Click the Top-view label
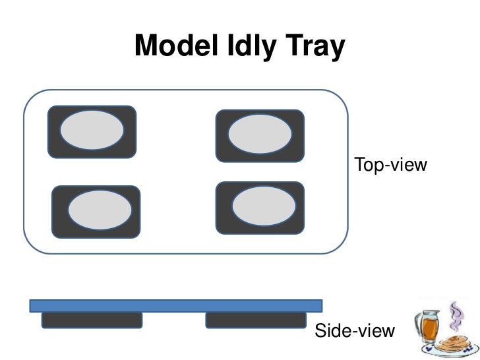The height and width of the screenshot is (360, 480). coord(391,164)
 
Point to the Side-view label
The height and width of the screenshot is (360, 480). coord(355,331)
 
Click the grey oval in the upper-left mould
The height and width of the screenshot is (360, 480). coord(92,131)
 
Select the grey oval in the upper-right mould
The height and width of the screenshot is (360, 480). coord(260,135)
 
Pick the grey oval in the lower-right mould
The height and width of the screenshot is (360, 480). coord(260,206)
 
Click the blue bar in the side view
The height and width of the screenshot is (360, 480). coord(175,305)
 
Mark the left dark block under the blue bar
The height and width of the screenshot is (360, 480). coord(92,320)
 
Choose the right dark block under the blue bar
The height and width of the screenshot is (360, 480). coord(256,320)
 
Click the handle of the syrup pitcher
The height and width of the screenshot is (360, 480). coord(415,328)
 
